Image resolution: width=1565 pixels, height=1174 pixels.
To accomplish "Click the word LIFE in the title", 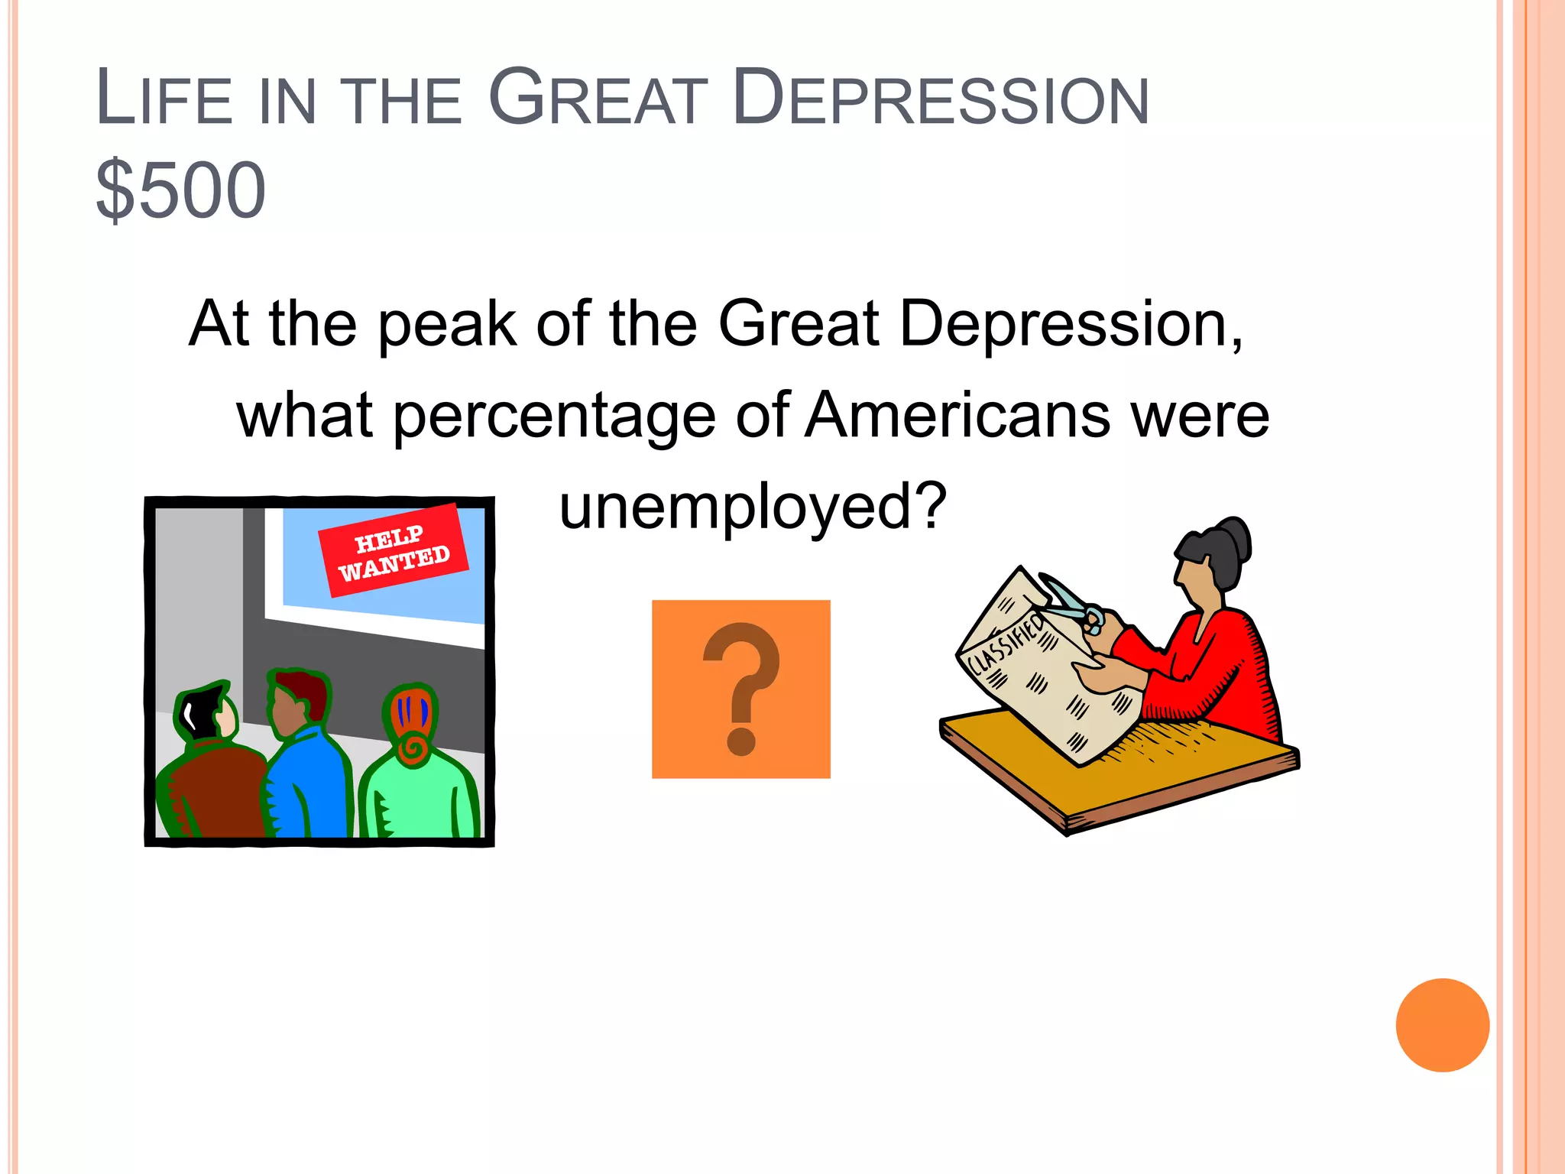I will click(164, 99).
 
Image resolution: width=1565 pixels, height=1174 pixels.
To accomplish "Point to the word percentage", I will click(553, 417).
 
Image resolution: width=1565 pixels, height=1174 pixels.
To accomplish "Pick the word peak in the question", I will click(447, 324).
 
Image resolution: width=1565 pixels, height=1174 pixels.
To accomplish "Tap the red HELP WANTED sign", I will click(393, 550).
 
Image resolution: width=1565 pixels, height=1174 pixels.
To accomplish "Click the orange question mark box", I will click(740, 689).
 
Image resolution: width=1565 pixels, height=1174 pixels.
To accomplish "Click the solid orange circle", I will click(1442, 1025).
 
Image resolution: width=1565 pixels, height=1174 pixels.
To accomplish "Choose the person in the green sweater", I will click(419, 787).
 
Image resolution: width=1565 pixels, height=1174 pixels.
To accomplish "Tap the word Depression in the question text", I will click(1070, 324).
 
